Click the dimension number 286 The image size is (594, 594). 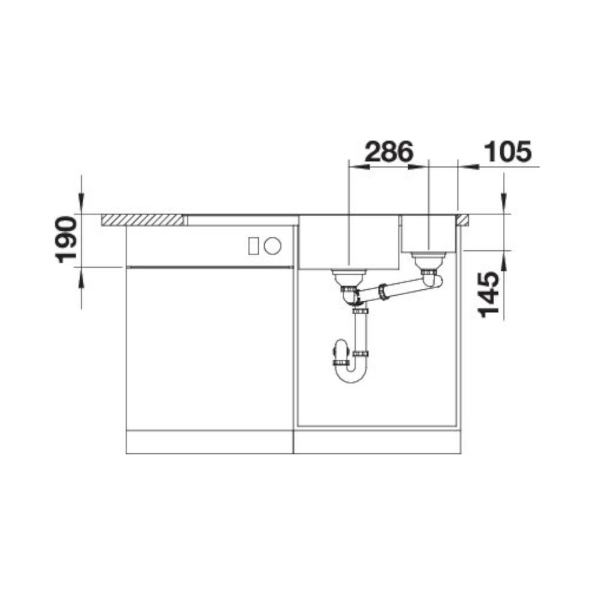click(389, 151)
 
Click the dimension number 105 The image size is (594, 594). click(508, 151)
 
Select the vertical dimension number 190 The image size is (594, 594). click(66, 240)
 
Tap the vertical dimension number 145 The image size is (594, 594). click(489, 295)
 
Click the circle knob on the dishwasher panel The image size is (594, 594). click(272, 246)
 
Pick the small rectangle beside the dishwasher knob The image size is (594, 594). click(253, 246)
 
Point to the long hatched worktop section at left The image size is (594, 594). click(142, 220)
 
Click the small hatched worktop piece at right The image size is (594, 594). click(463, 220)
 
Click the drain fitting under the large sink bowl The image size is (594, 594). click(348, 279)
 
